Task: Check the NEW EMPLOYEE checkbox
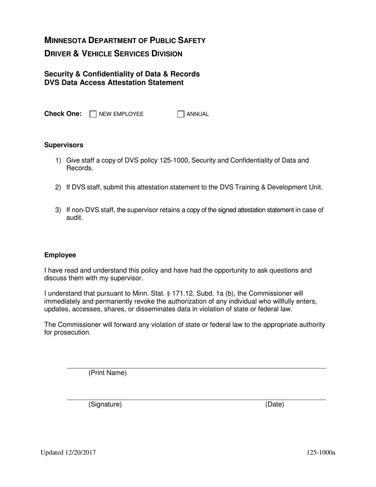[x=93, y=114]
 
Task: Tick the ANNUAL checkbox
[x=181, y=114]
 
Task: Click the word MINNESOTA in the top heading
[x=65, y=40]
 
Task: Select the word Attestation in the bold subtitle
[x=130, y=82]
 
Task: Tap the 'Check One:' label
[x=63, y=114]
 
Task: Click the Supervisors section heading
[x=64, y=145]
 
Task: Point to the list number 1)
[x=58, y=160]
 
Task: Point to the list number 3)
[x=58, y=210]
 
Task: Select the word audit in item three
[x=74, y=218]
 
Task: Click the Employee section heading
[x=60, y=255]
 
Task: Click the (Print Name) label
[x=108, y=373]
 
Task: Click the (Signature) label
[x=105, y=404]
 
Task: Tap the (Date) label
[x=275, y=404]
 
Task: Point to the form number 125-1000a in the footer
[x=321, y=453]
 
